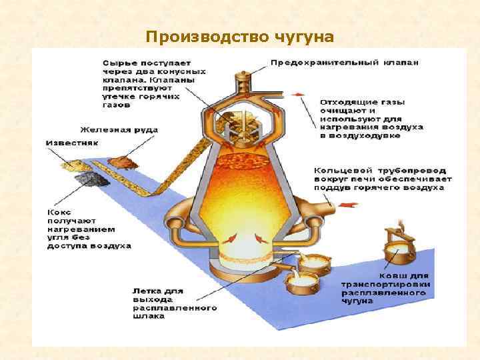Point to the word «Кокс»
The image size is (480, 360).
[x=59, y=211]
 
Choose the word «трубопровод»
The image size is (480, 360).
[x=401, y=170]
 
